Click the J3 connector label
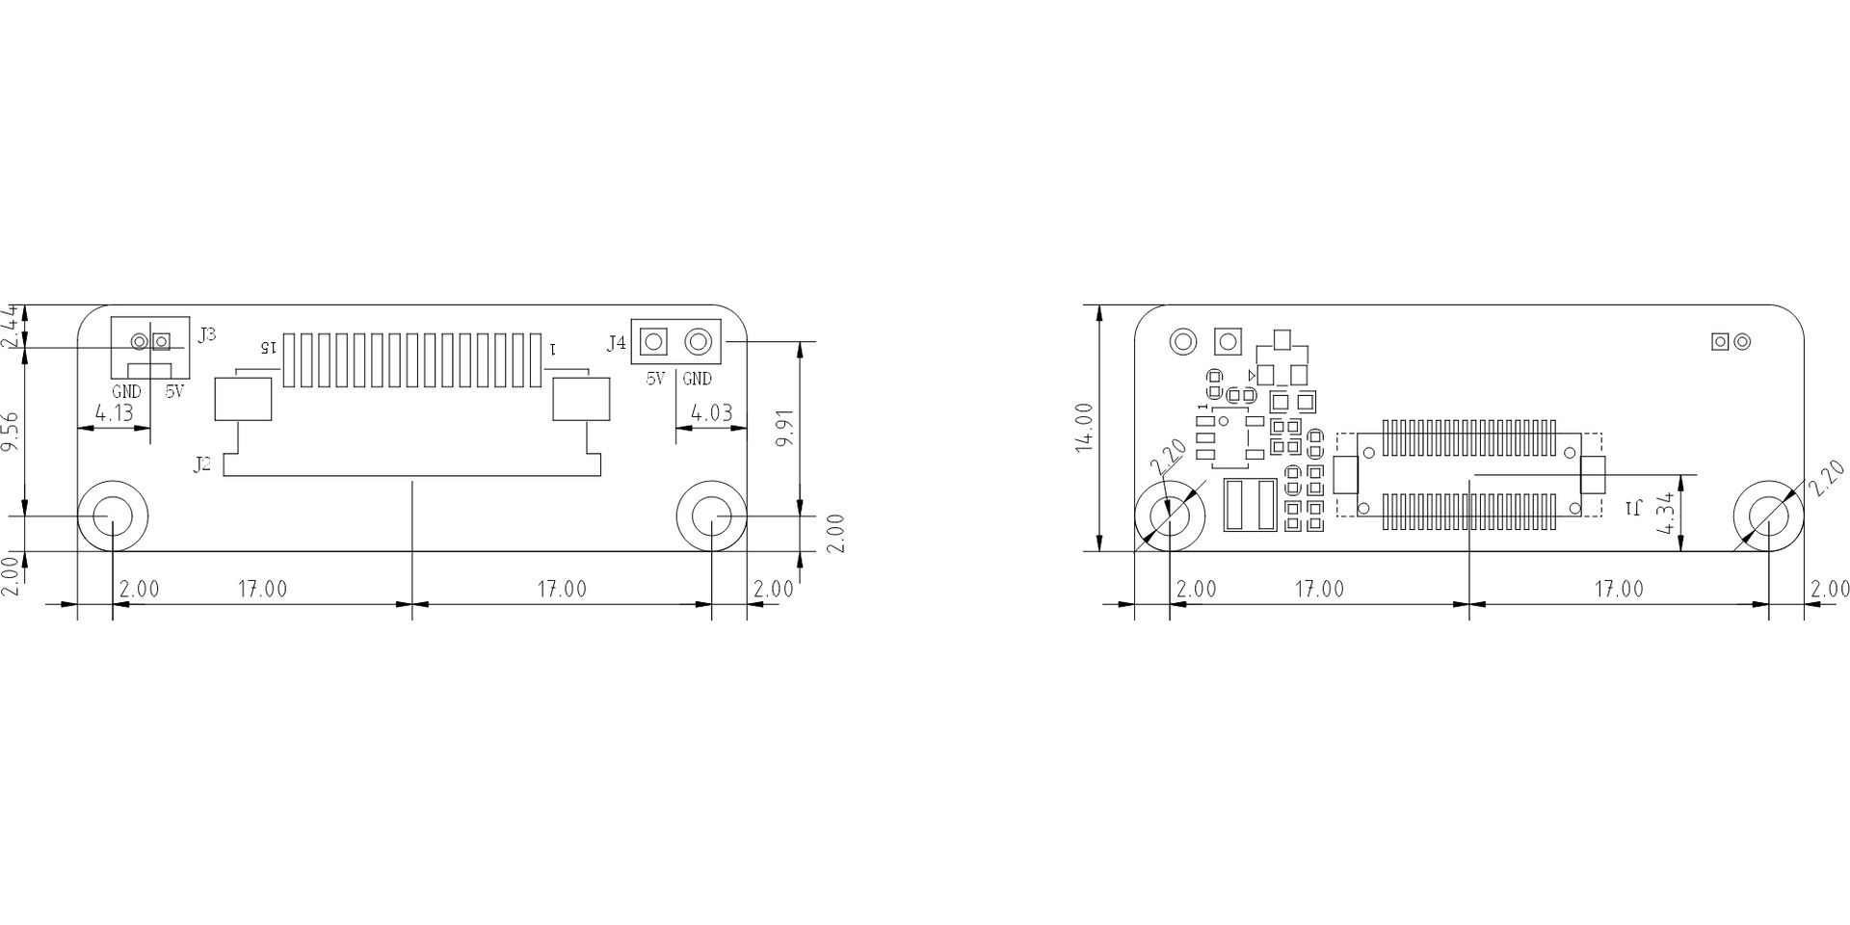[x=206, y=335]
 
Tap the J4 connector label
[x=617, y=342]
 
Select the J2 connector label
[x=201, y=464]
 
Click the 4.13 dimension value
[x=114, y=413]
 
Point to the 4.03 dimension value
[x=712, y=413]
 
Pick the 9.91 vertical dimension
[x=786, y=427]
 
